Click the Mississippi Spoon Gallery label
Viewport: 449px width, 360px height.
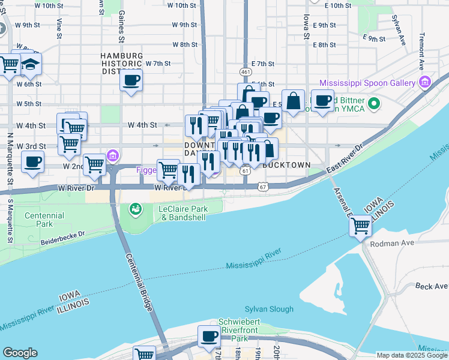tap(367, 83)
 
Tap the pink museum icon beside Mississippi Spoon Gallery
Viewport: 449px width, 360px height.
tap(425, 82)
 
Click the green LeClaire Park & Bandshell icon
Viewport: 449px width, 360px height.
tap(136, 209)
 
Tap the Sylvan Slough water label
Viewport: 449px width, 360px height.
tap(269, 309)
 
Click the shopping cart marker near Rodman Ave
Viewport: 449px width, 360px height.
tap(360, 226)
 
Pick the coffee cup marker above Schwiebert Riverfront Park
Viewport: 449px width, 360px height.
tap(209, 337)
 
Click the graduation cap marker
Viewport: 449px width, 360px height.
tap(29, 64)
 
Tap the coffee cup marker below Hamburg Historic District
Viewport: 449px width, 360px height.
tap(131, 80)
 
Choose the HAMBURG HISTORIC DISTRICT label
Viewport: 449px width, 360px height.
tap(121, 64)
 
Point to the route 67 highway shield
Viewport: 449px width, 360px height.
tap(263, 187)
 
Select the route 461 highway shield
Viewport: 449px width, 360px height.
tap(245, 72)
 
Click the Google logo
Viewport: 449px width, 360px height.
tap(20, 353)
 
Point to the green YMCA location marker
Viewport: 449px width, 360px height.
tap(374, 104)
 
